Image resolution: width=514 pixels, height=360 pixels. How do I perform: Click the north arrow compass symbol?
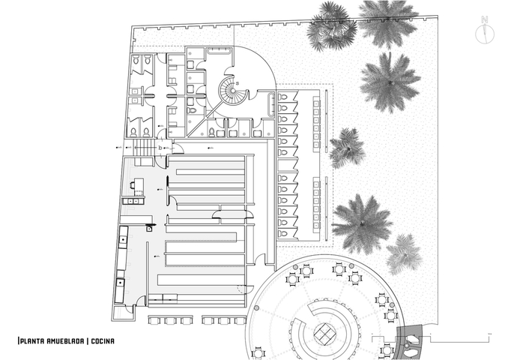pos(485,31)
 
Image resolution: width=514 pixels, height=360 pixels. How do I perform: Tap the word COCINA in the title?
pos(103,341)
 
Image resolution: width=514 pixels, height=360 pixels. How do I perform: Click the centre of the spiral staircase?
pos(232,90)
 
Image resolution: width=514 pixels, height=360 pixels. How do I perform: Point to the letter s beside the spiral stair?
pos(238,83)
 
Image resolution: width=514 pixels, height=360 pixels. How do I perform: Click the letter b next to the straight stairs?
pos(160,148)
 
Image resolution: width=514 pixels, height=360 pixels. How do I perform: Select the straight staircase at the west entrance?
pos(144,148)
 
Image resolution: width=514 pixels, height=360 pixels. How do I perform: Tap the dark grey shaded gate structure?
pos(410,342)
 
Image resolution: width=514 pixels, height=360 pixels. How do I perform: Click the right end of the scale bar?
pos(489,339)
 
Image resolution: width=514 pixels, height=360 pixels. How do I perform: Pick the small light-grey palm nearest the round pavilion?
pos(404,254)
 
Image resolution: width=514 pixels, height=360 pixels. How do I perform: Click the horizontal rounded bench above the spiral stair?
pos(220,51)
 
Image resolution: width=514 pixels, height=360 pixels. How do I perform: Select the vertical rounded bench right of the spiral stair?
pos(271,105)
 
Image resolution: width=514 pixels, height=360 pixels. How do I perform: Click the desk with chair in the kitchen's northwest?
pos(137,185)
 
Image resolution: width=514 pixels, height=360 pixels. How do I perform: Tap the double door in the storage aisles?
pos(233,214)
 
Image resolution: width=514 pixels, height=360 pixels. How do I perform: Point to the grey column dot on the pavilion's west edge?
pos(256,307)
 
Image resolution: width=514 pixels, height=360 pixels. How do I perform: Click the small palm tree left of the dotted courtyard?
pos(347,148)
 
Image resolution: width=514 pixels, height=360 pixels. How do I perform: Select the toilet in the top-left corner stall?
pos(136,59)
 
